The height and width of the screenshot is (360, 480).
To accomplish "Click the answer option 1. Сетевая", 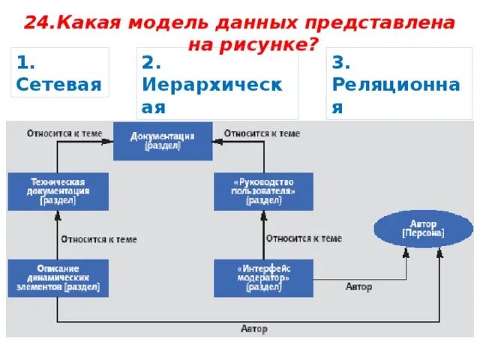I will click(x=59, y=72).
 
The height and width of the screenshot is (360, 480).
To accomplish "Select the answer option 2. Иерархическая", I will click(x=217, y=83).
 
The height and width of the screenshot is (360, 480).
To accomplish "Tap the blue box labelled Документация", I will click(x=162, y=141).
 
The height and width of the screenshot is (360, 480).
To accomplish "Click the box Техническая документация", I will click(x=58, y=191).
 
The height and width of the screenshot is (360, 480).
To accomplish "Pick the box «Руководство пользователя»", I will click(x=263, y=191).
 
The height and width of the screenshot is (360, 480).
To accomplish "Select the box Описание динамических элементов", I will click(x=58, y=277).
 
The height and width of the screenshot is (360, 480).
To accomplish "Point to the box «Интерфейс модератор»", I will click(x=263, y=277).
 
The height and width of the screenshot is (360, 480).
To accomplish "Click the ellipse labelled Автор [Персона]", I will click(x=423, y=229).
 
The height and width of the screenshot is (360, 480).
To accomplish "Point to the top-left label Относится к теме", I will click(x=64, y=133).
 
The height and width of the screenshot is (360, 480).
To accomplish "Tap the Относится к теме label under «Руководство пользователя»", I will click(x=304, y=238).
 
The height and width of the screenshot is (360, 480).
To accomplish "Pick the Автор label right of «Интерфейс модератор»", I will click(x=358, y=287).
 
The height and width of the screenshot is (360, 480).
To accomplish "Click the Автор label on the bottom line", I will click(x=253, y=329).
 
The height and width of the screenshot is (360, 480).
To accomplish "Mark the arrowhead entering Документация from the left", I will click(x=109, y=141).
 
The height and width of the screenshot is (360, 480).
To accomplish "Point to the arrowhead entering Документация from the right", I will click(x=217, y=141).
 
